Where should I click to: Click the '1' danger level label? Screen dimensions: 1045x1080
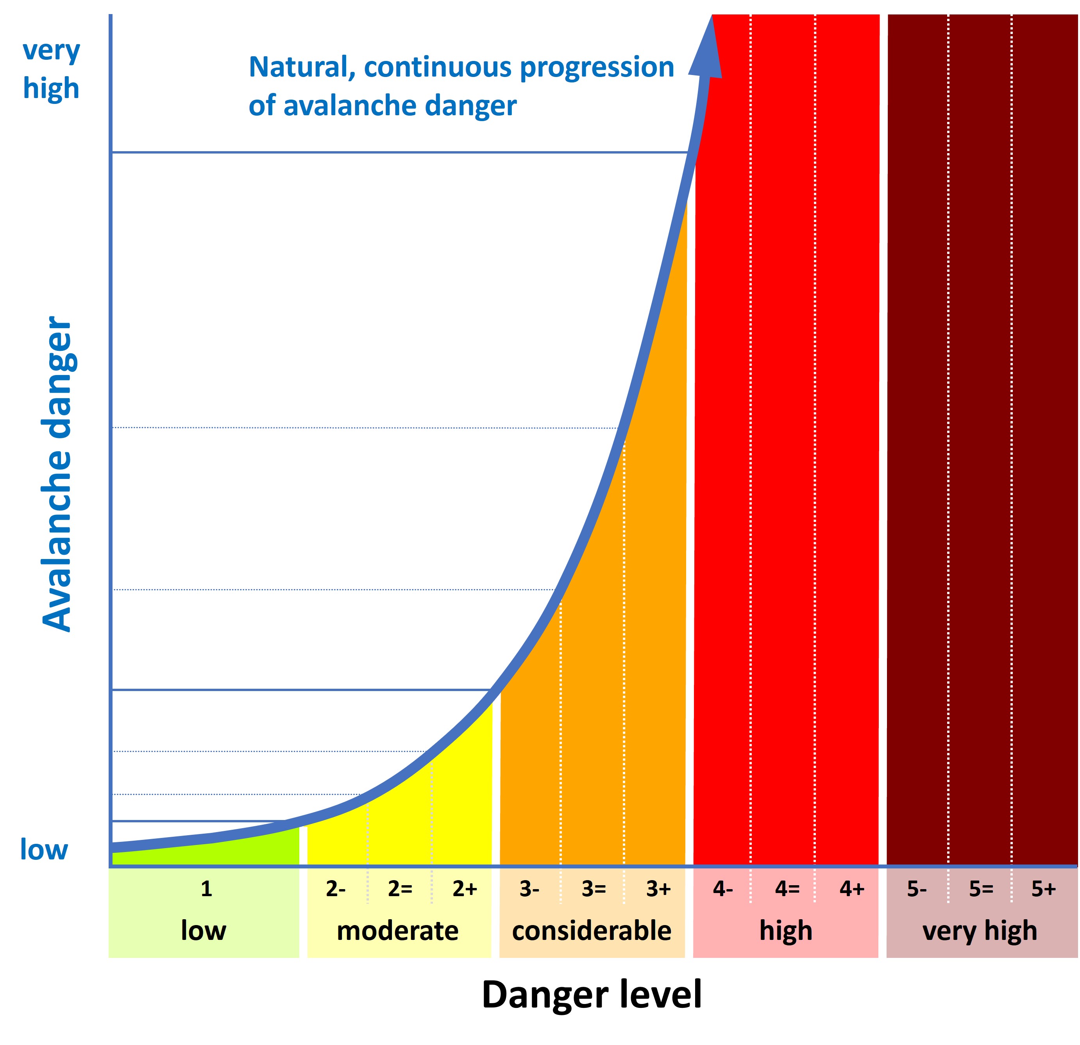pyautogui.click(x=206, y=889)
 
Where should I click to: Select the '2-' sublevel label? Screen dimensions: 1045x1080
pyautogui.click(x=336, y=889)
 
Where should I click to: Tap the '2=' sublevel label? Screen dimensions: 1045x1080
pyautogui.click(x=400, y=889)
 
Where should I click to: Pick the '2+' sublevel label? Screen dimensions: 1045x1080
pyautogui.click(x=465, y=889)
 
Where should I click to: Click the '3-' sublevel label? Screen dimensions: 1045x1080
pyautogui.click(x=529, y=889)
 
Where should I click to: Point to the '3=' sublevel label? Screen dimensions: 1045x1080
pyautogui.click(x=594, y=889)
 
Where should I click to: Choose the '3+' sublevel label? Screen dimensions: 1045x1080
pyautogui.click(x=658, y=889)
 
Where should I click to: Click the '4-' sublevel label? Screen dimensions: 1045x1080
pyautogui.click(x=722, y=889)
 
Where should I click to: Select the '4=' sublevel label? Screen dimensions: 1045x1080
pyautogui.click(x=787, y=889)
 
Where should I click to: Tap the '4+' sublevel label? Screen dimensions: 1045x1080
pyautogui.click(x=852, y=889)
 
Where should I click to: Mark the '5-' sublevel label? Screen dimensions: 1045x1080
pyautogui.click(x=917, y=889)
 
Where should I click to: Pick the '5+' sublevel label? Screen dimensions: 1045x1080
pyautogui.click(x=1043, y=889)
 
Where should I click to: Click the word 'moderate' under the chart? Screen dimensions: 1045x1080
pyautogui.click(x=397, y=931)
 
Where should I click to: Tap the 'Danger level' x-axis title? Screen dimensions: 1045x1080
pyautogui.click(x=591, y=994)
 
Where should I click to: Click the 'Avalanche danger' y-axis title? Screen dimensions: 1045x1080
pyautogui.click(x=57, y=474)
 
